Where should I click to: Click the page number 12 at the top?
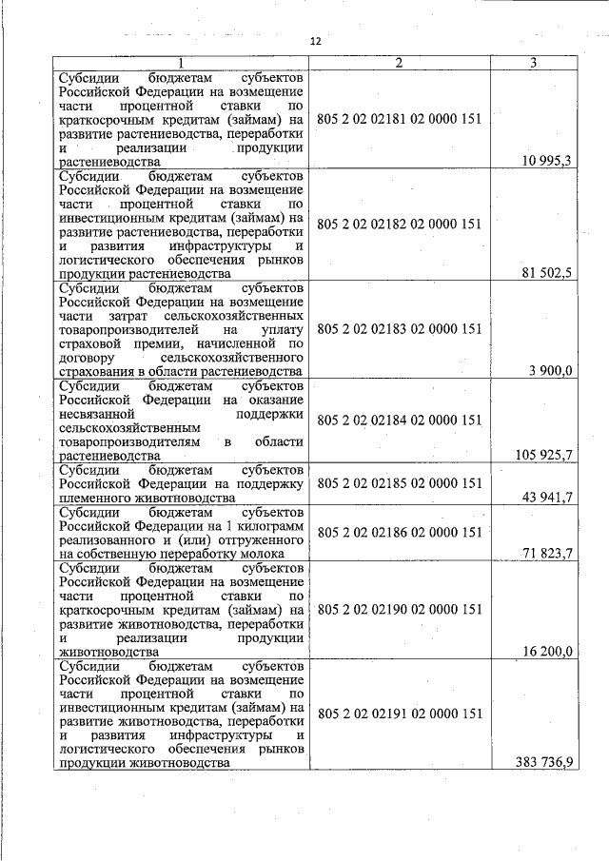[316, 42]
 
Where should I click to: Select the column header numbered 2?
[400, 63]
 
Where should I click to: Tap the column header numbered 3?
[534, 63]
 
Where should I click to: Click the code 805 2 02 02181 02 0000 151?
[400, 120]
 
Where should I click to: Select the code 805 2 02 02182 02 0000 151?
[400, 225]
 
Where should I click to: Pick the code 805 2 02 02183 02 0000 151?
[400, 329]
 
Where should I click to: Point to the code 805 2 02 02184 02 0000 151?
[400, 420]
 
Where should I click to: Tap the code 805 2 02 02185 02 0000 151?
[400, 483]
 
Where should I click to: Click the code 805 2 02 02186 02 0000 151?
[400, 531]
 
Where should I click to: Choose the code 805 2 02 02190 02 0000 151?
[400, 609]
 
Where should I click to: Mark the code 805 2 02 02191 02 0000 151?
[400, 713]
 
